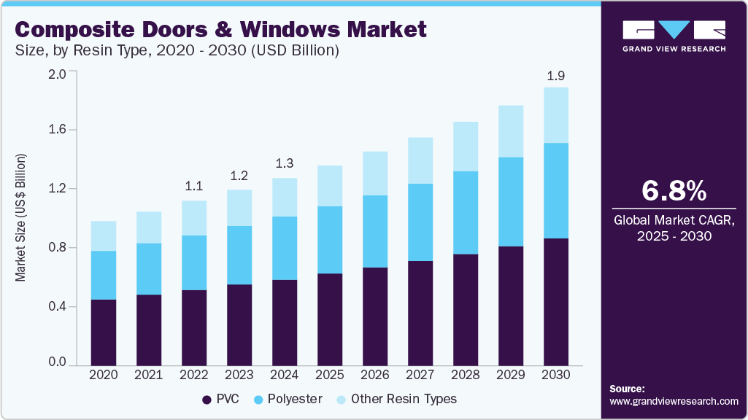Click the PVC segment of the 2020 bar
[103, 332]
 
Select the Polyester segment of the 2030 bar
[557, 190]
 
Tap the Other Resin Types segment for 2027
[420, 160]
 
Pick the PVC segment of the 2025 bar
[330, 319]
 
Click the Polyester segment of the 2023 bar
[239, 255]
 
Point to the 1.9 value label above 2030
[557, 75]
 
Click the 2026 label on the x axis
[375, 375]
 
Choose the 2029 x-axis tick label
[512, 375]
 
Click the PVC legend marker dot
[206, 400]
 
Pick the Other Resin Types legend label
[403, 400]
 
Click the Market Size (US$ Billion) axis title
[21, 218]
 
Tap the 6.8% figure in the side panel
[674, 190]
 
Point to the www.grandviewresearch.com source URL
[674, 401]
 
